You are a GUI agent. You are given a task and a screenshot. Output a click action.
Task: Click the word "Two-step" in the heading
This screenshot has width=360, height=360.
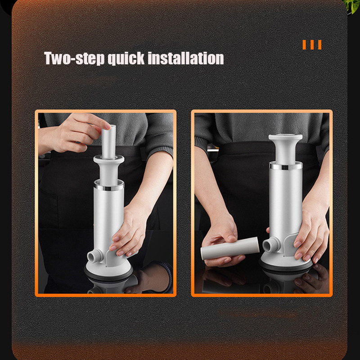coord(74,58)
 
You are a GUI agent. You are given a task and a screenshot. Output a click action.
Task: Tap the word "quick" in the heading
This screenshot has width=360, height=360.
coord(126,58)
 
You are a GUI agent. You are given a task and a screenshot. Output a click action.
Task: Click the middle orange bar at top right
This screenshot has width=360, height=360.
coord(312,45)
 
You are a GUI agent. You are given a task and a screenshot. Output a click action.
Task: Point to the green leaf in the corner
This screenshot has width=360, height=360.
coord(352,6)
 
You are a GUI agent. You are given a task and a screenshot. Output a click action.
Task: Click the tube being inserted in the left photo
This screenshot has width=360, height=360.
coord(108,142)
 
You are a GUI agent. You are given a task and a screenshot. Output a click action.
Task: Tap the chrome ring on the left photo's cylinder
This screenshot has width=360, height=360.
coord(109,185)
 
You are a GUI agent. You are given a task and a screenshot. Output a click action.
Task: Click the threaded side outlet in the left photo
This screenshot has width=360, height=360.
coord(95,256)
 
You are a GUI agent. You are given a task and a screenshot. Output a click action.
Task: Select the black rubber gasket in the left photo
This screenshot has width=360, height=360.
coord(108,275)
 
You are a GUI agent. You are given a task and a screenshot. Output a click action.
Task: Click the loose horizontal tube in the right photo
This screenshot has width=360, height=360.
coord(230,248)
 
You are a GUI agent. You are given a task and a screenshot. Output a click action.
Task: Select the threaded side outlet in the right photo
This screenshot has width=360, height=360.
coord(271,244)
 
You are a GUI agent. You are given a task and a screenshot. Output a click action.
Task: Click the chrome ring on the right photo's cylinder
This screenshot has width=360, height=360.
coord(286,166)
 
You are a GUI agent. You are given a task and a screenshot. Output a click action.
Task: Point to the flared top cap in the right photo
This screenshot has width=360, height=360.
coord(285,148)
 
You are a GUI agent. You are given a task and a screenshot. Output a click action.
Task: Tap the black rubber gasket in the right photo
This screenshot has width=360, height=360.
coord(286,268)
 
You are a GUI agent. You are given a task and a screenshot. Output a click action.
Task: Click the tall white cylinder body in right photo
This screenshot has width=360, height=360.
coord(286,202)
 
